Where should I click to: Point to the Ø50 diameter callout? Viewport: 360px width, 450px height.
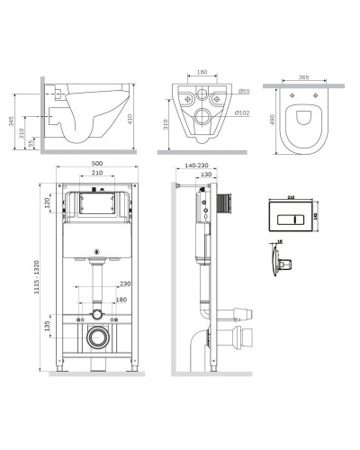244,91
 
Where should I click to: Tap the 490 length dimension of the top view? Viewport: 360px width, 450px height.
270,120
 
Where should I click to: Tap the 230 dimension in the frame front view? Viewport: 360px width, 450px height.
123,283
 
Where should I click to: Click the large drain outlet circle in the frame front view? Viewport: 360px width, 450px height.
97,339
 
